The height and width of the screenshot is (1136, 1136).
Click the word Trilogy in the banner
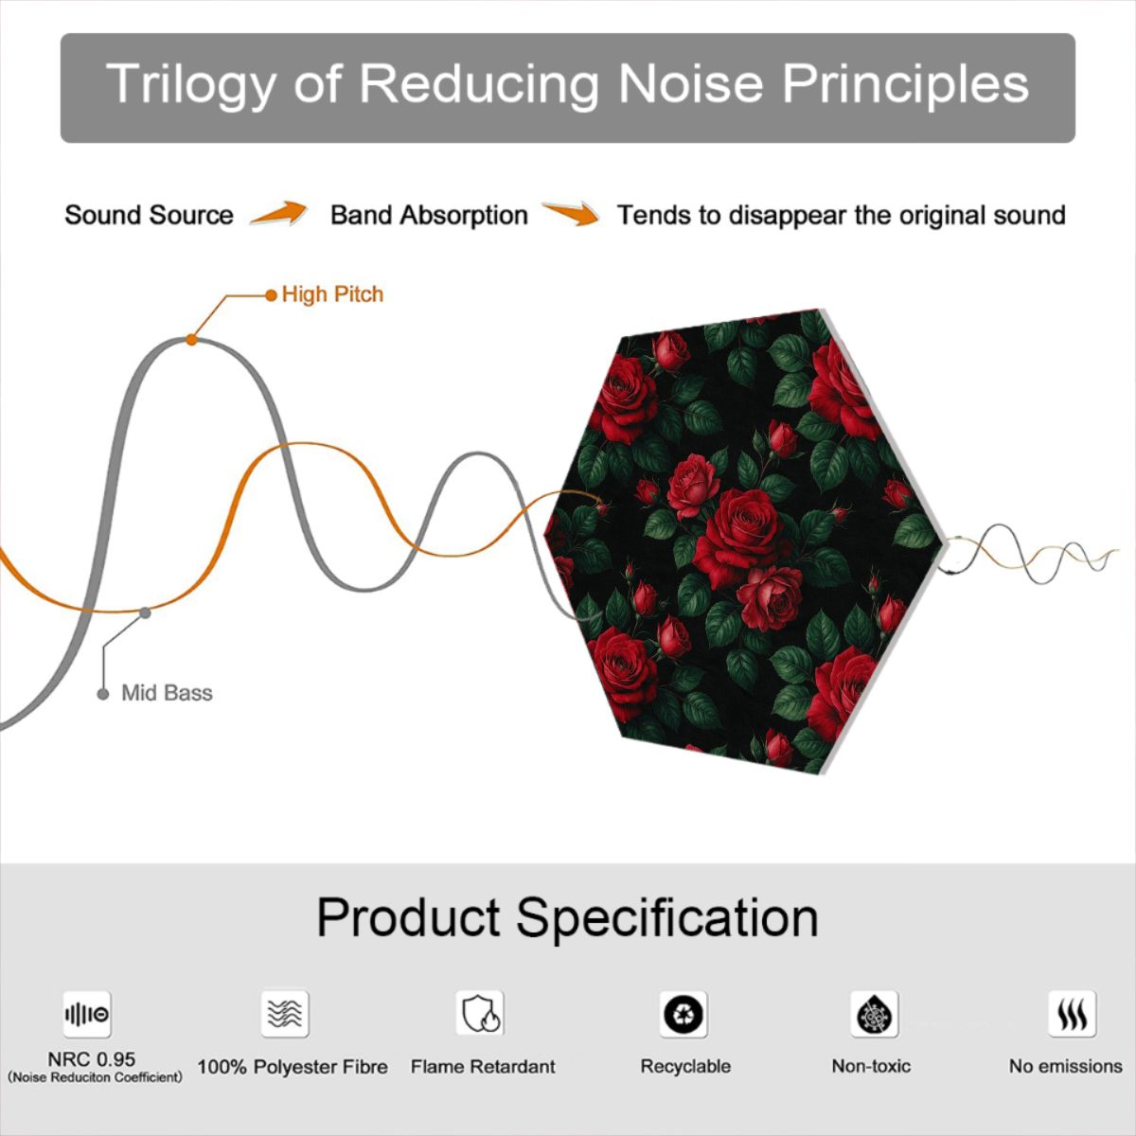pyautogui.click(x=191, y=85)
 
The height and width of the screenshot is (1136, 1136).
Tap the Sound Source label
pyautogui.click(x=150, y=215)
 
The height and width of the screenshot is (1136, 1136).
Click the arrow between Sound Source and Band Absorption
pyautogui.click(x=278, y=213)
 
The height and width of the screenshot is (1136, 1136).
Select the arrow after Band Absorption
pyautogui.click(x=571, y=213)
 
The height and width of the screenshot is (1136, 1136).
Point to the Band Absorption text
pyautogui.click(x=429, y=215)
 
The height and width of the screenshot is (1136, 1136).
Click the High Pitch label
pyautogui.click(x=332, y=294)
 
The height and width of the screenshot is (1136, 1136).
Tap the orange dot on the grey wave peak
pyautogui.click(x=191, y=340)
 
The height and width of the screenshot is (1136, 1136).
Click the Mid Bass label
pyautogui.click(x=167, y=693)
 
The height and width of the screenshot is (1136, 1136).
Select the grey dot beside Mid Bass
pyautogui.click(x=103, y=695)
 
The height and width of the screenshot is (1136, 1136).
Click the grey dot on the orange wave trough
pyautogui.click(x=145, y=613)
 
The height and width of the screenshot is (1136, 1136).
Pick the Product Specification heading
pyautogui.click(x=568, y=917)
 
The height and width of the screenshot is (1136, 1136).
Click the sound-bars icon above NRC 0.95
pyautogui.click(x=87, y=1014)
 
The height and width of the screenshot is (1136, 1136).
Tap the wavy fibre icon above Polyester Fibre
pyautogui.click(x=285, y=1013)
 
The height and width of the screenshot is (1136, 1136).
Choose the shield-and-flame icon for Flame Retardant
pyautogui.click(x=480, y=1013)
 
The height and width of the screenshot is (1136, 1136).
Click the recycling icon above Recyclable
pyautogui.click(x=683, y=1014)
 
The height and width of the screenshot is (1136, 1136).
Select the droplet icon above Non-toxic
pyautogui.click(x=875, y=1014)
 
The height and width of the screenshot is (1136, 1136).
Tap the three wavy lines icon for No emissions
pyautogui.click(x=1073, y=1013)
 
